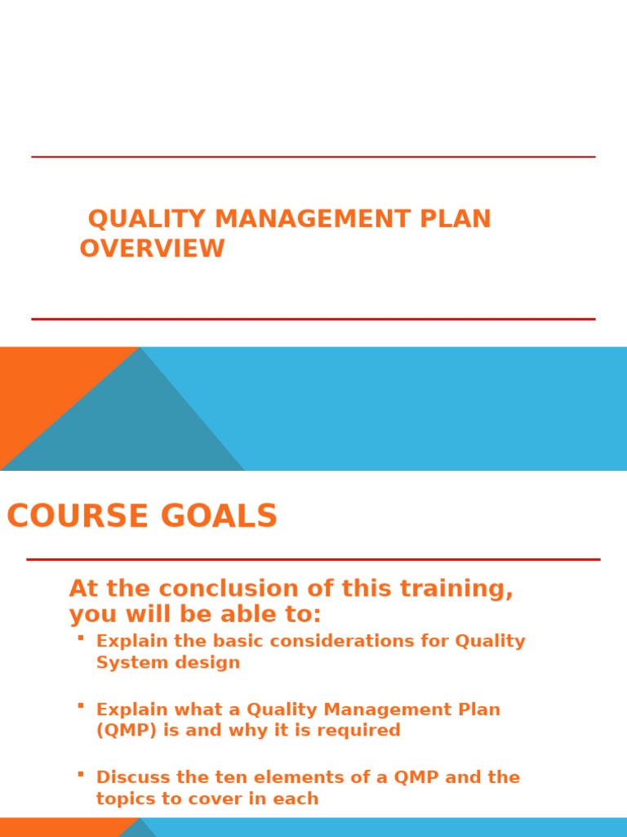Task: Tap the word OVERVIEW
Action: point(152,248)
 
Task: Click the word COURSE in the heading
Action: point(79,517)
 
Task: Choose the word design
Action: point(210,663)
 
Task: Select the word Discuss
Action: point(128,777)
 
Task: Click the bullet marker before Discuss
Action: point(81,773)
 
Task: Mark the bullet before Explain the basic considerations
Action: point(81,638)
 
